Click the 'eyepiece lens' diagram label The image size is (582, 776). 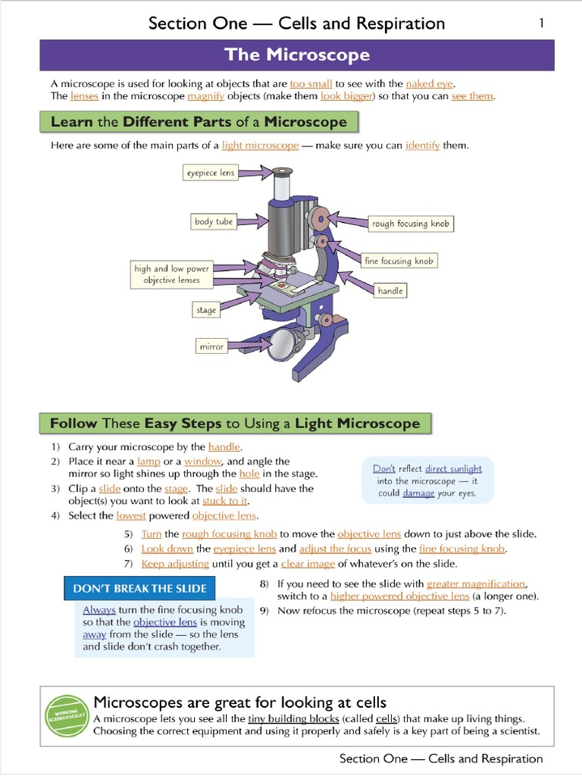211,173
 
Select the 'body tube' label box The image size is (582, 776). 214,222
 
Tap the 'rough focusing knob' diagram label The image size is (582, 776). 410,224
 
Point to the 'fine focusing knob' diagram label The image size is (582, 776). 399,261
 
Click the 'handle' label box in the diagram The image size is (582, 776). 390,291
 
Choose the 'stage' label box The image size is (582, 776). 206,310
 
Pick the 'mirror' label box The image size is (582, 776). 211,346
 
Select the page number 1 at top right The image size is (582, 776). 541,23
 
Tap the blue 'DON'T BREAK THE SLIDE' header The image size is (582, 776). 139,589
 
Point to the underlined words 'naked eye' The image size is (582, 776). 430,83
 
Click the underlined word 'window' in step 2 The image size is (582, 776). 202,461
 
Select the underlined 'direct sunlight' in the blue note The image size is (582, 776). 453,468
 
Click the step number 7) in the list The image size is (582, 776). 128,564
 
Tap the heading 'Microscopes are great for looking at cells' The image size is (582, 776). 239,702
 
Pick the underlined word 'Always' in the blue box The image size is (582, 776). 99,609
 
